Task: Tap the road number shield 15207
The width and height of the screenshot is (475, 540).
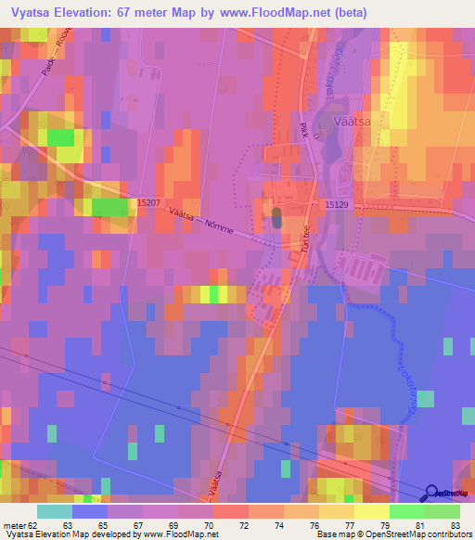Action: click(x=148, y=201)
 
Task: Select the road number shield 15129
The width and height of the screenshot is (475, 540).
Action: click(x=337, y=203)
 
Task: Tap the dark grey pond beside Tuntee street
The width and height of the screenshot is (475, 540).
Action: click(x=276, y=219)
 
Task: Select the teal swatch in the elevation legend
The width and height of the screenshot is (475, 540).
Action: click(x=54, y=511)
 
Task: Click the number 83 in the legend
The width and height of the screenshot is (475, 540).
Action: click(x=454, y=524)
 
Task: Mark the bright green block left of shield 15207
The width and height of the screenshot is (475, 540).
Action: click(x=109, y=206)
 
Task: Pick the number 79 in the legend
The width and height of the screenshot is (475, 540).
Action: click(x=383, y=524)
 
